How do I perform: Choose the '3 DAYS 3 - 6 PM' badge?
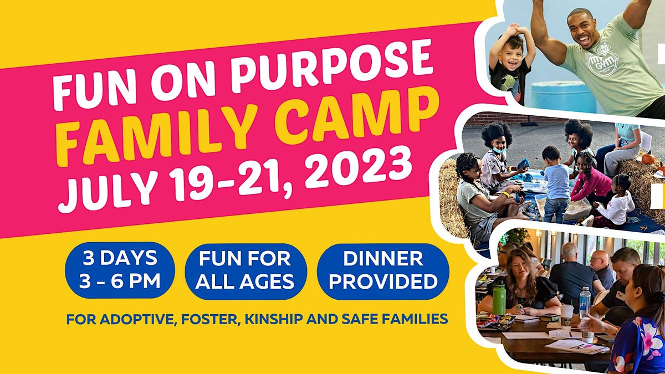[120, 270]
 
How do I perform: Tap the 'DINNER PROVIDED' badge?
[383, 271]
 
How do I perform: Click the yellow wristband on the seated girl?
[505, 194]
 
